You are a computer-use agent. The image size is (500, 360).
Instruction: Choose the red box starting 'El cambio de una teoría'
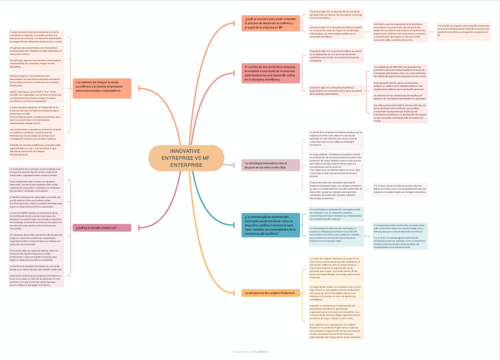(270, 73)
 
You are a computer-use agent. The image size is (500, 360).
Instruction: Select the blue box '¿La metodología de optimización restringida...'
(271, 225)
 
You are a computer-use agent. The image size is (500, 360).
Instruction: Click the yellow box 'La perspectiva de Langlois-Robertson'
(271, 292)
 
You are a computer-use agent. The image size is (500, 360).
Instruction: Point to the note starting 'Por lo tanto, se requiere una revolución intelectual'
(463, 30)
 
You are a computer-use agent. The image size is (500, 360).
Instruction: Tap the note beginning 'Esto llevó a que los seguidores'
(400, 31)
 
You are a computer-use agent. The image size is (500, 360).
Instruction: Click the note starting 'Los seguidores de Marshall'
(400, 71)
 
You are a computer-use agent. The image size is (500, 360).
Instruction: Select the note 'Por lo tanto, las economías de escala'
(400, 189)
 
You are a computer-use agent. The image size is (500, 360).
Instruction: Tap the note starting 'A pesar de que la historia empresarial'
(35, 37)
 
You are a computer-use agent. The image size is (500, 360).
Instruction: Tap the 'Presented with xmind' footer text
(250, 351)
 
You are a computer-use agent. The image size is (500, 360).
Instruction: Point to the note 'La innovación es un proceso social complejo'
(35, 172)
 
